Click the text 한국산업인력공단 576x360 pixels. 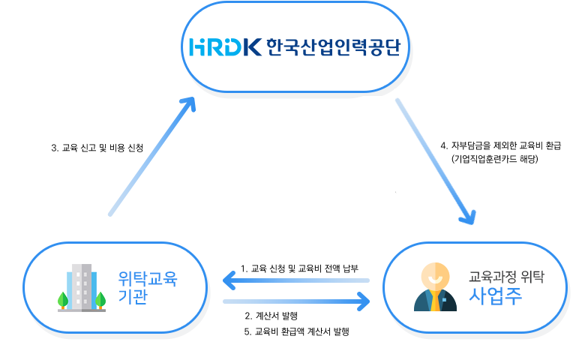(334, 47)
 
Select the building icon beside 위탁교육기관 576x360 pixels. (82, 287)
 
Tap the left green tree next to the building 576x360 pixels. (63, 300)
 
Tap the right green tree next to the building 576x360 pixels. (100, 300)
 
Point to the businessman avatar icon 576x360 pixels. (435, 287)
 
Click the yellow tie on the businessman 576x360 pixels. (435, 302)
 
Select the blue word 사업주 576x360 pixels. (496, 297)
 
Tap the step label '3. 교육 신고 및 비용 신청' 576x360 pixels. (97, 148)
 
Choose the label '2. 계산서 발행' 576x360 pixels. (271, 316)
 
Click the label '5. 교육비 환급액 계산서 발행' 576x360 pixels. (298, 331)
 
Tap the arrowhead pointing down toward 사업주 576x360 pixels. (469, 217)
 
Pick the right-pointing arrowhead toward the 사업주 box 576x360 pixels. (365, 301)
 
